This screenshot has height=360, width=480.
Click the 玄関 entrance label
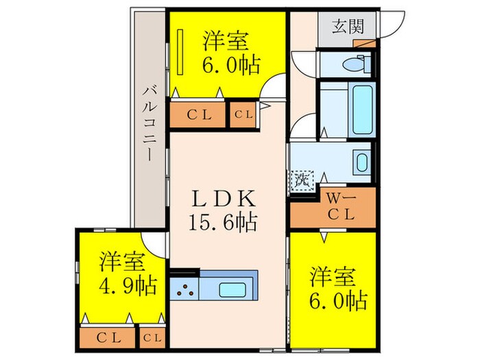point(347,27)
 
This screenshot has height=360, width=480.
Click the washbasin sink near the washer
point(362,163)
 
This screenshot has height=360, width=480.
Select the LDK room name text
point(224,200)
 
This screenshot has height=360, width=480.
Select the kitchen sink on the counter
point(235,288)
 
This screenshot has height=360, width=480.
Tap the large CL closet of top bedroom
point(197,115)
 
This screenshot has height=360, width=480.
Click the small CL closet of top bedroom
point(243,115)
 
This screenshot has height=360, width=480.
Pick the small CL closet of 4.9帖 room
point(154,337)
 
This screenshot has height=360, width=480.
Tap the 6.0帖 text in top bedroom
point(231,66)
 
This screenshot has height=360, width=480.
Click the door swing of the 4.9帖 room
point(156,244)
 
